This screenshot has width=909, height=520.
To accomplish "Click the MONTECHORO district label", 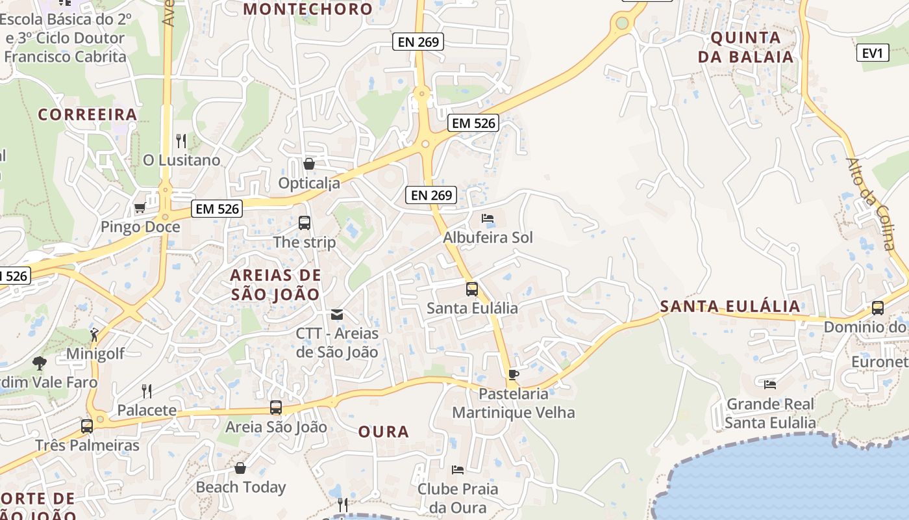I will [x=308, y=9].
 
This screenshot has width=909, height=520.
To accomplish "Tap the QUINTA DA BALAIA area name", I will [x=745, y=47].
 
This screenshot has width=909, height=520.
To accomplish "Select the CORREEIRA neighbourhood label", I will [x=88, y=114].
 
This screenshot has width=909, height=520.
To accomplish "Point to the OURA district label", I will [x=384, y=432].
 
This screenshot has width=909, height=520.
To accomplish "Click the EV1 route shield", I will [x=873, y=53].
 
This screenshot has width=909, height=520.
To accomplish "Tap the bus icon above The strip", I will [x=305, y=223].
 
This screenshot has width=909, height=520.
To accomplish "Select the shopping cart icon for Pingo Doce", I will [x=140, y=208].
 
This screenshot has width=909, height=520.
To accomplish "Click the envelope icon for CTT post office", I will [x=337, y=315].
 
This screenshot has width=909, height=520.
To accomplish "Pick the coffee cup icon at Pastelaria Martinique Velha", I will [x=513, y=374].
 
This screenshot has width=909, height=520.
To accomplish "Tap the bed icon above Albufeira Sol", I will [x=488, y=218].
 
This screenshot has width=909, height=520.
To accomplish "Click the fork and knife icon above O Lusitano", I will [x=181, y=140].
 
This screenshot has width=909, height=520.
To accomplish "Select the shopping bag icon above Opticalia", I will [x=309, y=164].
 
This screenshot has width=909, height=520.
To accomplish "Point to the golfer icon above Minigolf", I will [x=95, y=335].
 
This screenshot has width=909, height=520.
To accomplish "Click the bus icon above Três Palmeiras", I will [x=87, y=426].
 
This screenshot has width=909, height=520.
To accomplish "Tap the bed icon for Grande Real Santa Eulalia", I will [x=770, y=385].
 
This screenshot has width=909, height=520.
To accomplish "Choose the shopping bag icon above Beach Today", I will [x=240, y=468].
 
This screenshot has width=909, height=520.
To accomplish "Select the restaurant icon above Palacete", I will [x=147, y=391].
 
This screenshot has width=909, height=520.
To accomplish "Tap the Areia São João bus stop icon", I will [x=276, y=408].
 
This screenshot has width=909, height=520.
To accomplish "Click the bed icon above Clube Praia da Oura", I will [x=458, y=469].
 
